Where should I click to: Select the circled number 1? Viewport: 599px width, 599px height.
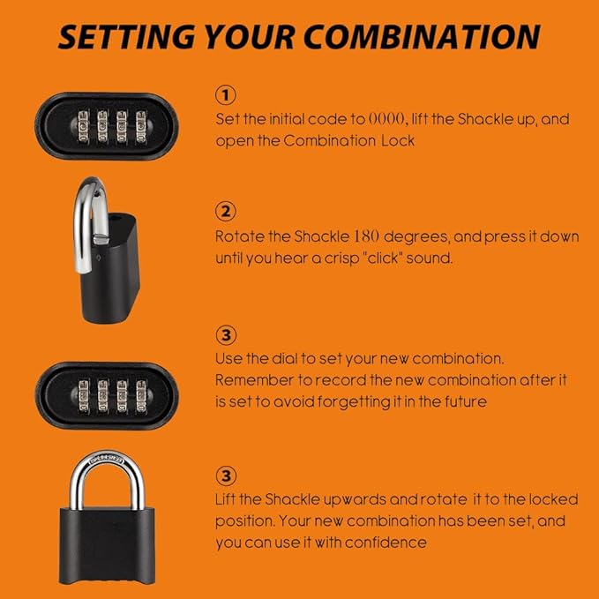(x=225, y=94)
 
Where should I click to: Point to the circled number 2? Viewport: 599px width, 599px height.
(x=225, y=212)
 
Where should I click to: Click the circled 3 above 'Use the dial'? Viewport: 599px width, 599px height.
(x=225, y=335)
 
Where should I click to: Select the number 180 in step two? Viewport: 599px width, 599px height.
(x=366, y=236)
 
